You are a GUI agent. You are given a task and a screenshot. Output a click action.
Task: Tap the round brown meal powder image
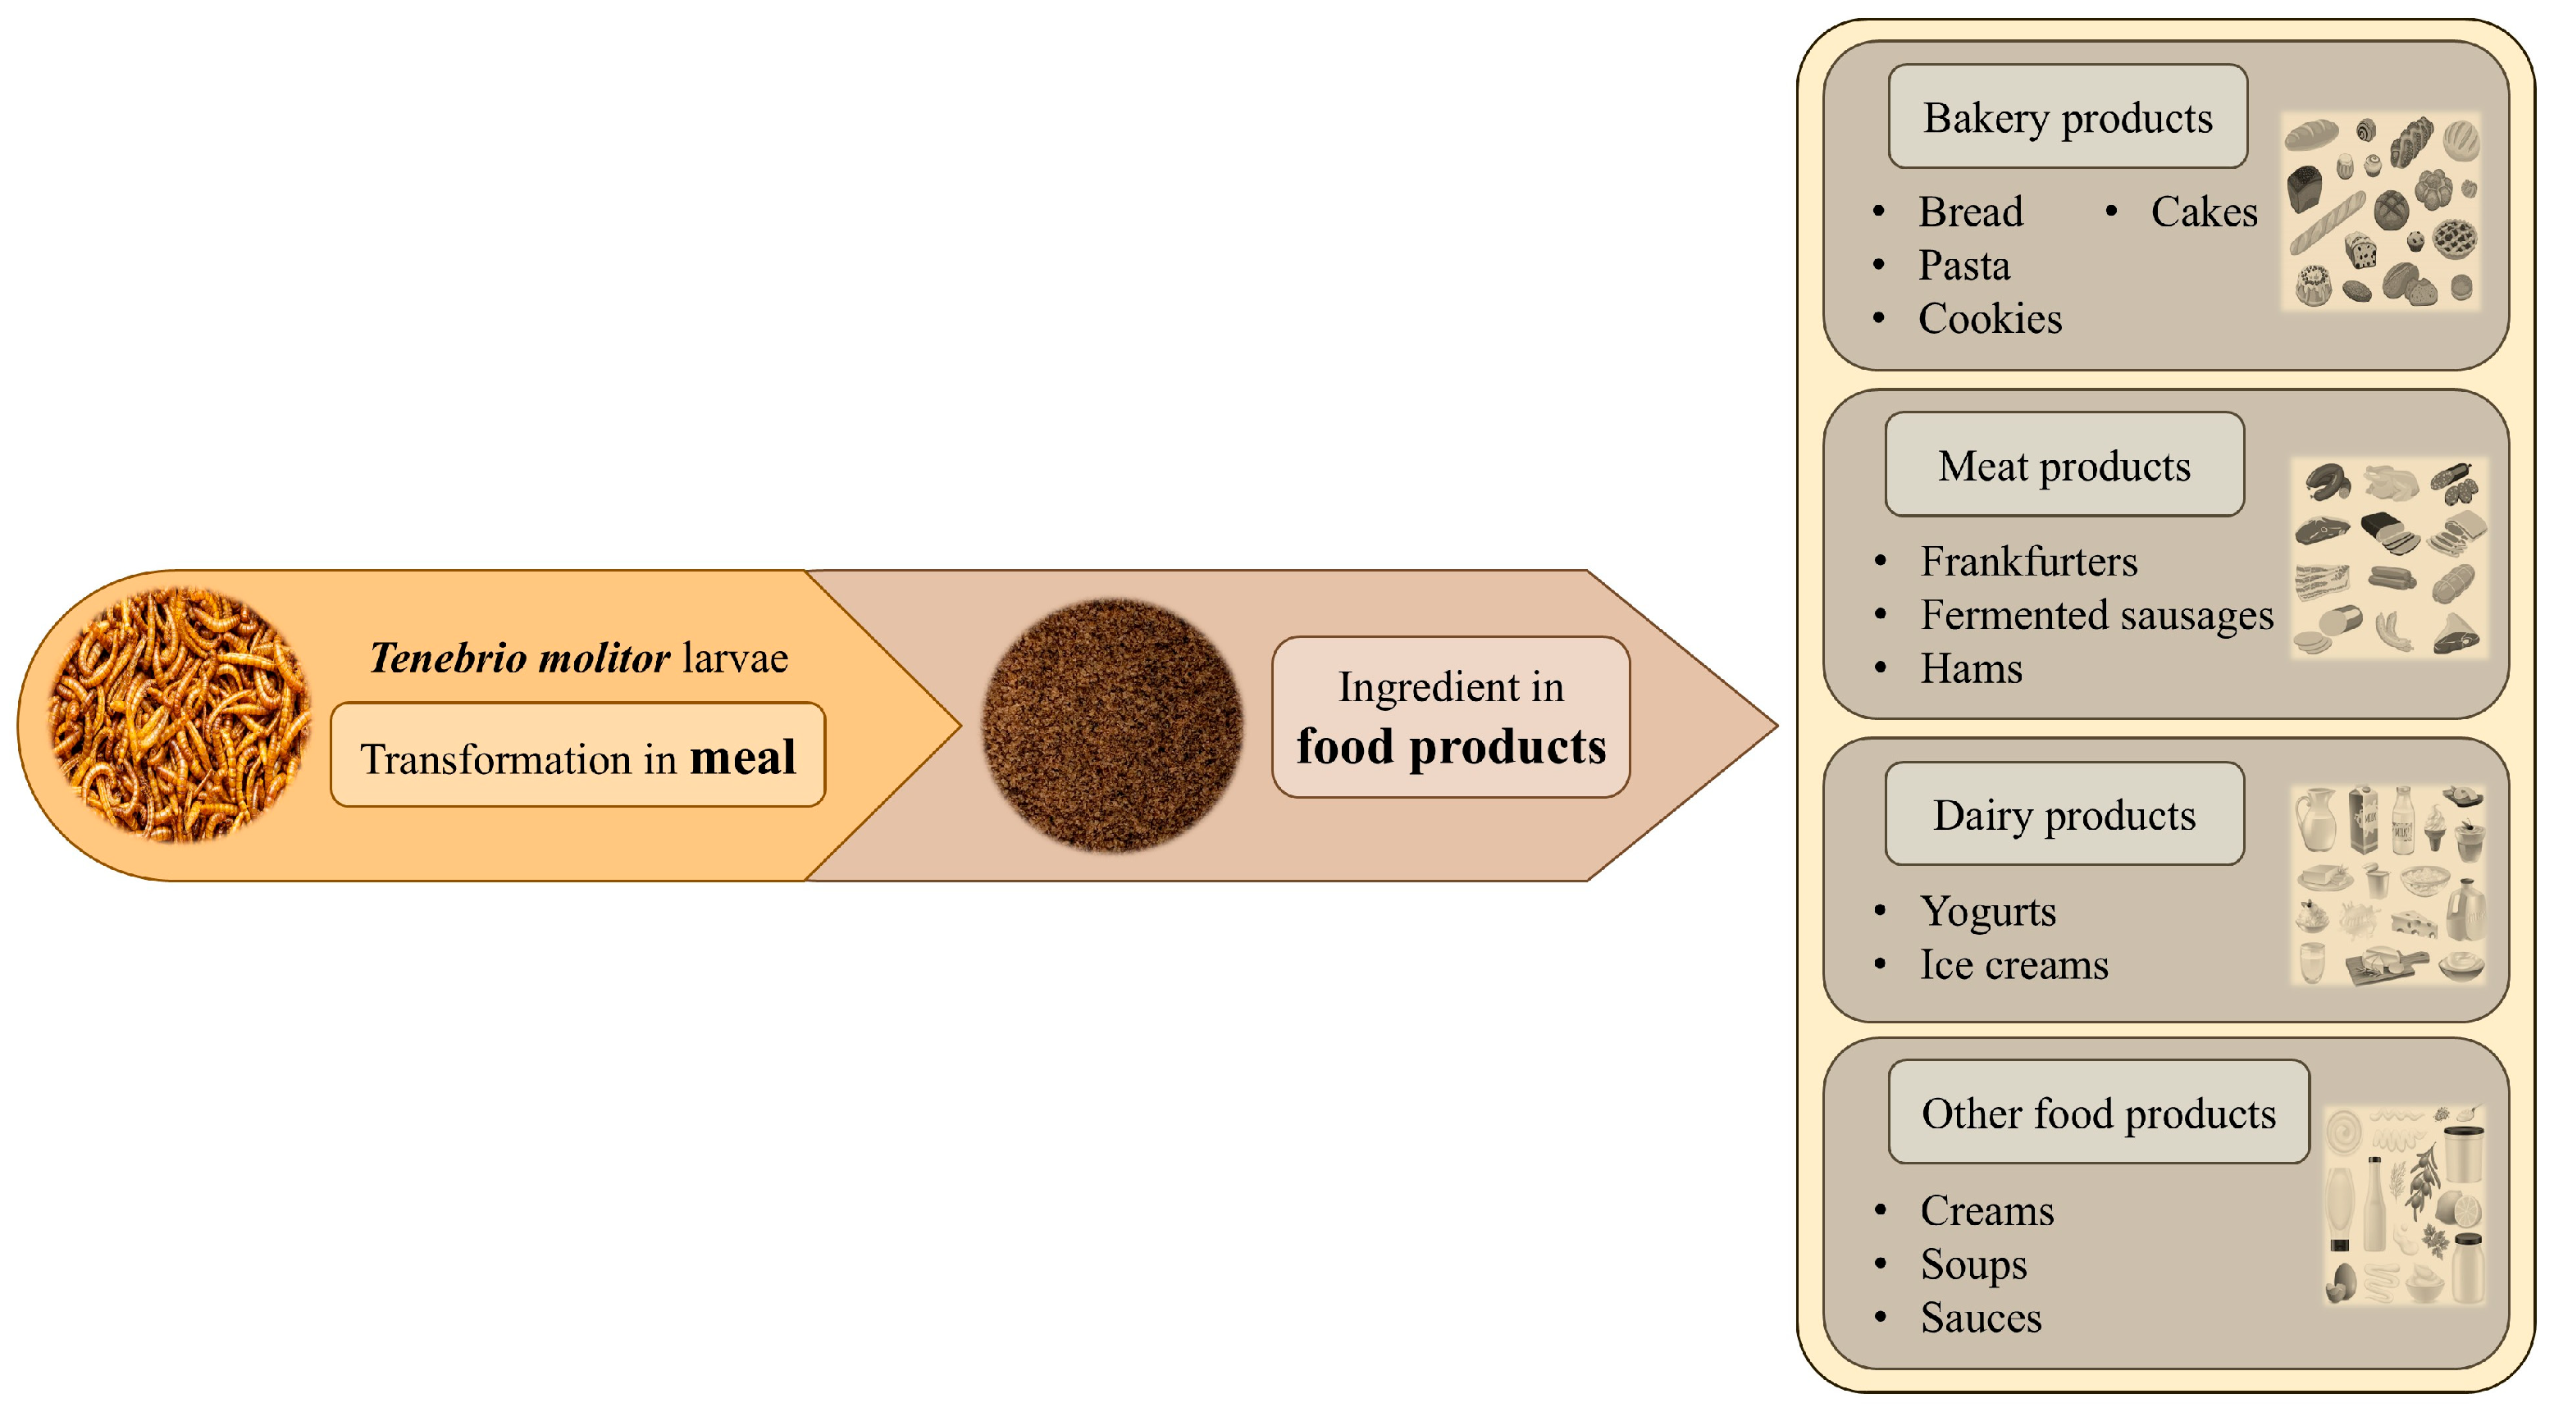click(1111, 725)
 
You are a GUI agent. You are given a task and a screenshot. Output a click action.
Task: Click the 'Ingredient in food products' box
click(1451, 717)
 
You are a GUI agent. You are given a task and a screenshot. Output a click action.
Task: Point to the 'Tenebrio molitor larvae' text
click(578, 658)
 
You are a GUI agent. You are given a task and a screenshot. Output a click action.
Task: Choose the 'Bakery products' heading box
click(2067, 117)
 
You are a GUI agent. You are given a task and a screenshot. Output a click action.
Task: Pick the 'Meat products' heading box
click(2064, 465)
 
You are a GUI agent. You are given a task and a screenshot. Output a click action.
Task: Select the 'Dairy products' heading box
click(2064, 814)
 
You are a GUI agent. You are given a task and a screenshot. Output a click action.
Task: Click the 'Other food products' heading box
click(2098, 1113)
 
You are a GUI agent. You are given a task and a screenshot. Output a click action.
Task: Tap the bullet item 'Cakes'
click(2203, 212)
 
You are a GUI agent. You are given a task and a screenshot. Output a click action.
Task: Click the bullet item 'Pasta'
click(1963, 265)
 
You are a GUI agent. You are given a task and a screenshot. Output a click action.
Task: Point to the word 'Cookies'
click(1989, 318)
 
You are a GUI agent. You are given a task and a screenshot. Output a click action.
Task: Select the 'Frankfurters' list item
click(2027, 561)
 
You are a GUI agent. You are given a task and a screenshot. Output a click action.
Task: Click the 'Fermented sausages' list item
click(2096, 615)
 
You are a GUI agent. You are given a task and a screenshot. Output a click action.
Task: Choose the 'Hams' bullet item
click(1970, 668)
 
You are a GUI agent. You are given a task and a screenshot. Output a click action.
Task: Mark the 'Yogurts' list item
click(1987, 910)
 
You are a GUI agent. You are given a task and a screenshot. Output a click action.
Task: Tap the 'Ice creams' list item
click(2013, 963)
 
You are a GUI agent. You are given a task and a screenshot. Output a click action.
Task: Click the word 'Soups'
click(1973, 1264)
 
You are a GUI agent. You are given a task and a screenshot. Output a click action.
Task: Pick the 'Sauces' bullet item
click(1980, 1317)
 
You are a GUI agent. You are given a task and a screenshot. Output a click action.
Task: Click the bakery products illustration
click(2382, 212)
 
